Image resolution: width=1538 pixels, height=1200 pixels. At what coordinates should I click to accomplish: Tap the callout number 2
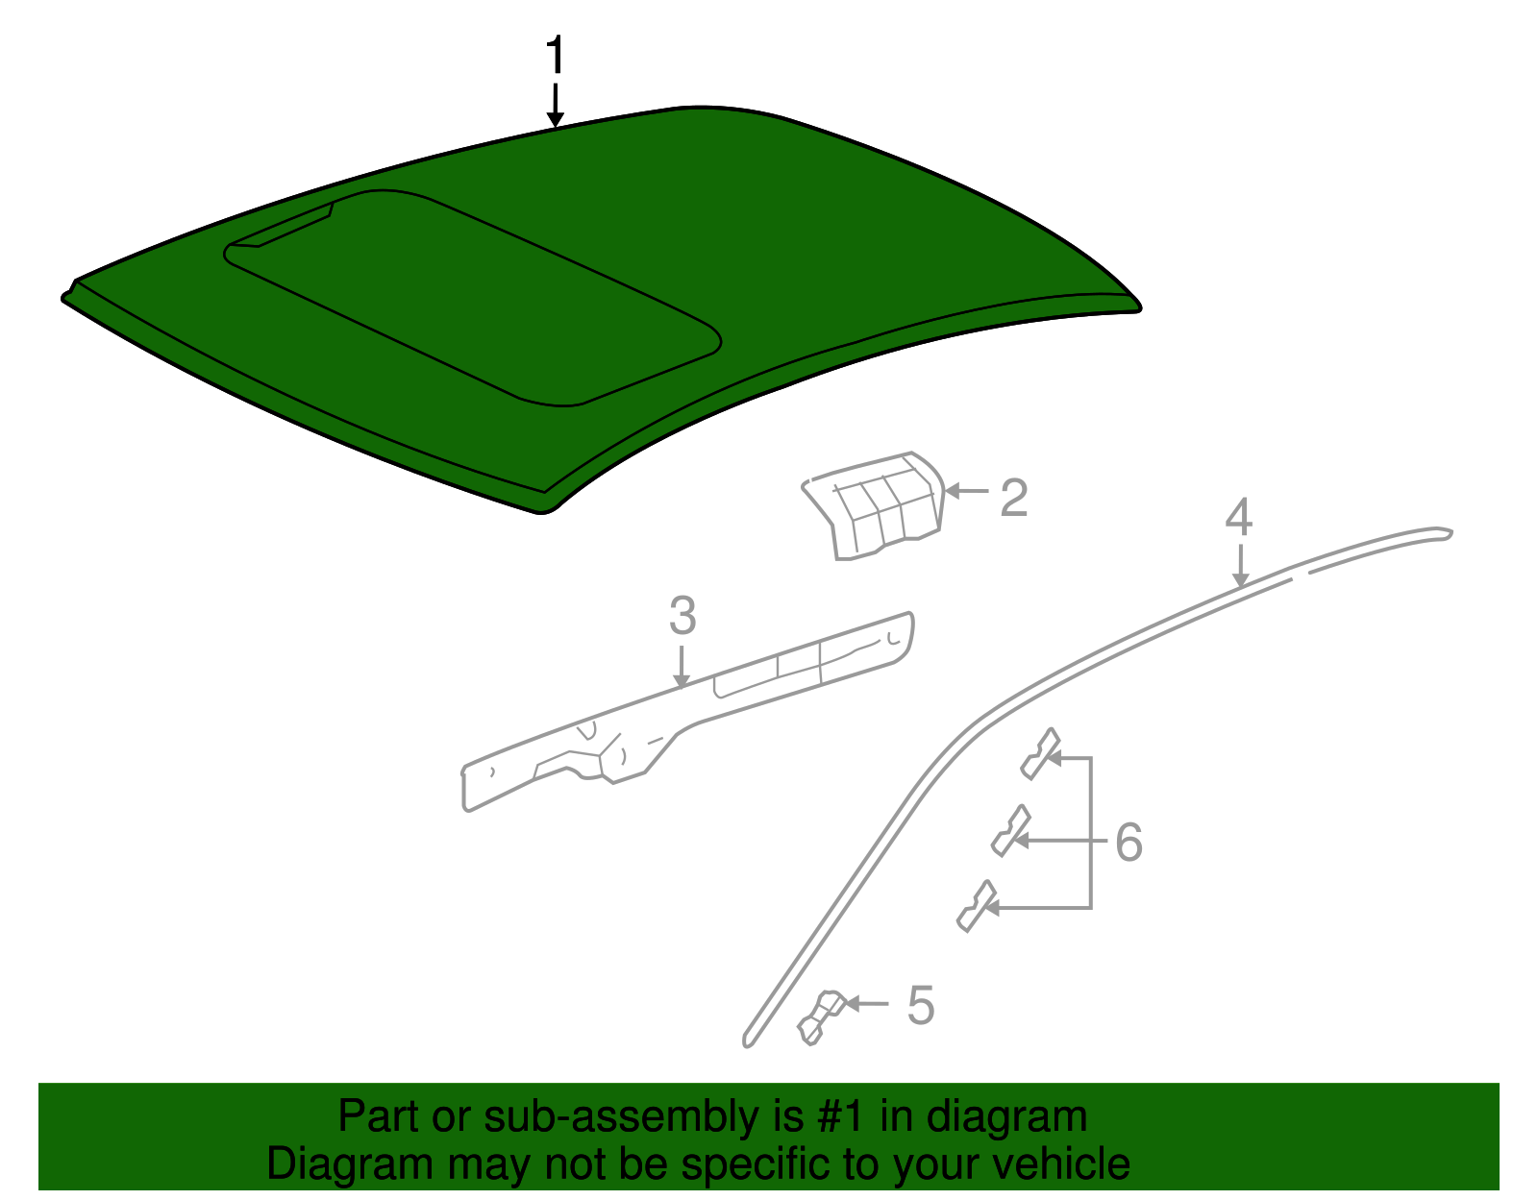point(1013,499)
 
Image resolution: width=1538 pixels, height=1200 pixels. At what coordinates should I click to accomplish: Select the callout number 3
point(682,616)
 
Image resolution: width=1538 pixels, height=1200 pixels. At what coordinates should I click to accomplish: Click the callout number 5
point(920,1005)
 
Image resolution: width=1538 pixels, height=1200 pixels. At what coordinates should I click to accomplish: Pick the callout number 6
point(1129,843)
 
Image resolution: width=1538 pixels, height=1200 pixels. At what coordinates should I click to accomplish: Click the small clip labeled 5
point(820,1016)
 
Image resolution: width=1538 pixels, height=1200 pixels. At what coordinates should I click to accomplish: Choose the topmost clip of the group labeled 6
point(1040,752)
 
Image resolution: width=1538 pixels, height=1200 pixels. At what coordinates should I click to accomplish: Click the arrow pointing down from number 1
point(555,106)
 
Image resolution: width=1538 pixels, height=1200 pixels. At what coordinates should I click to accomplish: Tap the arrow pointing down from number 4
point(1241,567)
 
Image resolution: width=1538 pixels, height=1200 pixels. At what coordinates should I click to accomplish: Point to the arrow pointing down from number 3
point(682,668)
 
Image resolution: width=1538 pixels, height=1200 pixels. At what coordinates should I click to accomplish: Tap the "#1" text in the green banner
point(842,1117)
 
